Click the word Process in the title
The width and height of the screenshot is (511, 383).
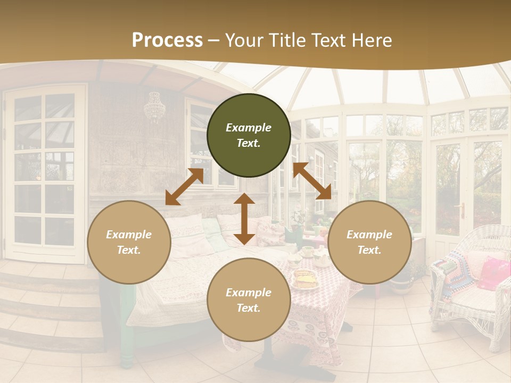(x=167, y=40)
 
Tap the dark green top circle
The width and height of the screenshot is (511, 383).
(x=249, y=135)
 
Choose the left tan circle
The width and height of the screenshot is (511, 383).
(x=129, y=242)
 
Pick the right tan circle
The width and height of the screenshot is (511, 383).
(x=369, y=242)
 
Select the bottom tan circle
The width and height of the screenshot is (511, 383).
(x=249, y=299)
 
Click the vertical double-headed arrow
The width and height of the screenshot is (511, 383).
(x=244, y=219)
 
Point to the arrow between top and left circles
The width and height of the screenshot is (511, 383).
(x=184, y=187)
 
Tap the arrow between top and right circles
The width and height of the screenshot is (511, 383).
(x=312, y=181)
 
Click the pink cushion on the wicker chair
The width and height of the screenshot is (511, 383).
(x=493, y=272)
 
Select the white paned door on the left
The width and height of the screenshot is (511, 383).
(x=45, y=173)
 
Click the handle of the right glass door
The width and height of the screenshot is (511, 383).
(x=462, y=210)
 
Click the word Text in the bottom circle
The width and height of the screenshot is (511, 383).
(x=249, y=308)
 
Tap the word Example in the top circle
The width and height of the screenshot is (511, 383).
(x=249, y=128)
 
